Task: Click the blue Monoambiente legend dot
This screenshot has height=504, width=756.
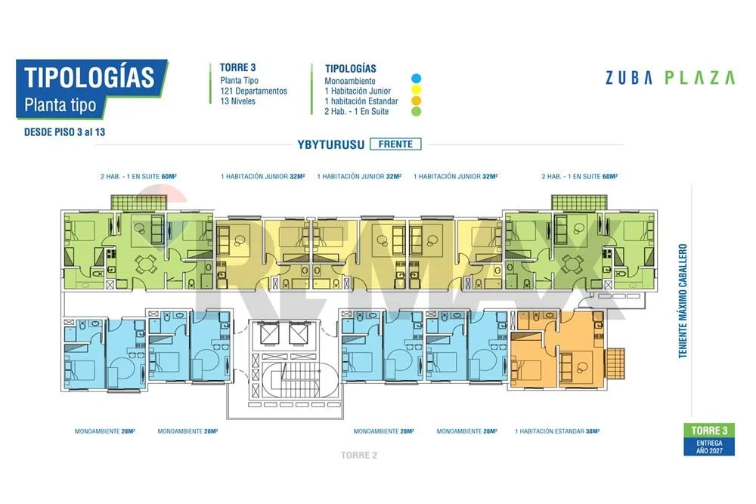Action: click(416, 79)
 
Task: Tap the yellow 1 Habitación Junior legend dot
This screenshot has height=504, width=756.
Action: click(416, 90)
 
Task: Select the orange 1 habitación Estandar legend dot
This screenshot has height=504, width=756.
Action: click(416, 100)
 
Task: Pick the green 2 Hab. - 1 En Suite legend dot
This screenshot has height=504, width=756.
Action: click(416, 112)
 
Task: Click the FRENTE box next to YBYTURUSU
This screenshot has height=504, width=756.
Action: click(395, 144)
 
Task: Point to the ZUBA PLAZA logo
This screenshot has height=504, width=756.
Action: click(670, 78)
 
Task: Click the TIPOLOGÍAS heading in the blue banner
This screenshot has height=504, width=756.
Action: click(89, 77)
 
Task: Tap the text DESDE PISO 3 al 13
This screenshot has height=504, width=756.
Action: click(64, 132)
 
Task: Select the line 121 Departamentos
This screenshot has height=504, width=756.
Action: click(253, 91)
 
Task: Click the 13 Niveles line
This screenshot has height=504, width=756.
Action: click(237, 101)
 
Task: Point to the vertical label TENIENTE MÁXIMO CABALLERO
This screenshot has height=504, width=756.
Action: click(682, 301)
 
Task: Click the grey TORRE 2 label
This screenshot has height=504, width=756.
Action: click(358, 456)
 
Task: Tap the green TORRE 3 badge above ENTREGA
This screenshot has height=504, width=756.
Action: click(709, 430)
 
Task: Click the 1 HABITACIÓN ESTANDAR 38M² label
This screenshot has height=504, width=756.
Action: click(557, 431)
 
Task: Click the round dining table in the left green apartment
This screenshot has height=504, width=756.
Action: click(144, 264)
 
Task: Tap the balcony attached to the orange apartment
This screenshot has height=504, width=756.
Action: click(615, 363)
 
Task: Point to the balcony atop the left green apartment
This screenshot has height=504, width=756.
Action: click(139, 203)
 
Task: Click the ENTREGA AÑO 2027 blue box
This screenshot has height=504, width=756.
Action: click(709, 447)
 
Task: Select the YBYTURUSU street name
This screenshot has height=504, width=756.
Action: click(331, 144)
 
